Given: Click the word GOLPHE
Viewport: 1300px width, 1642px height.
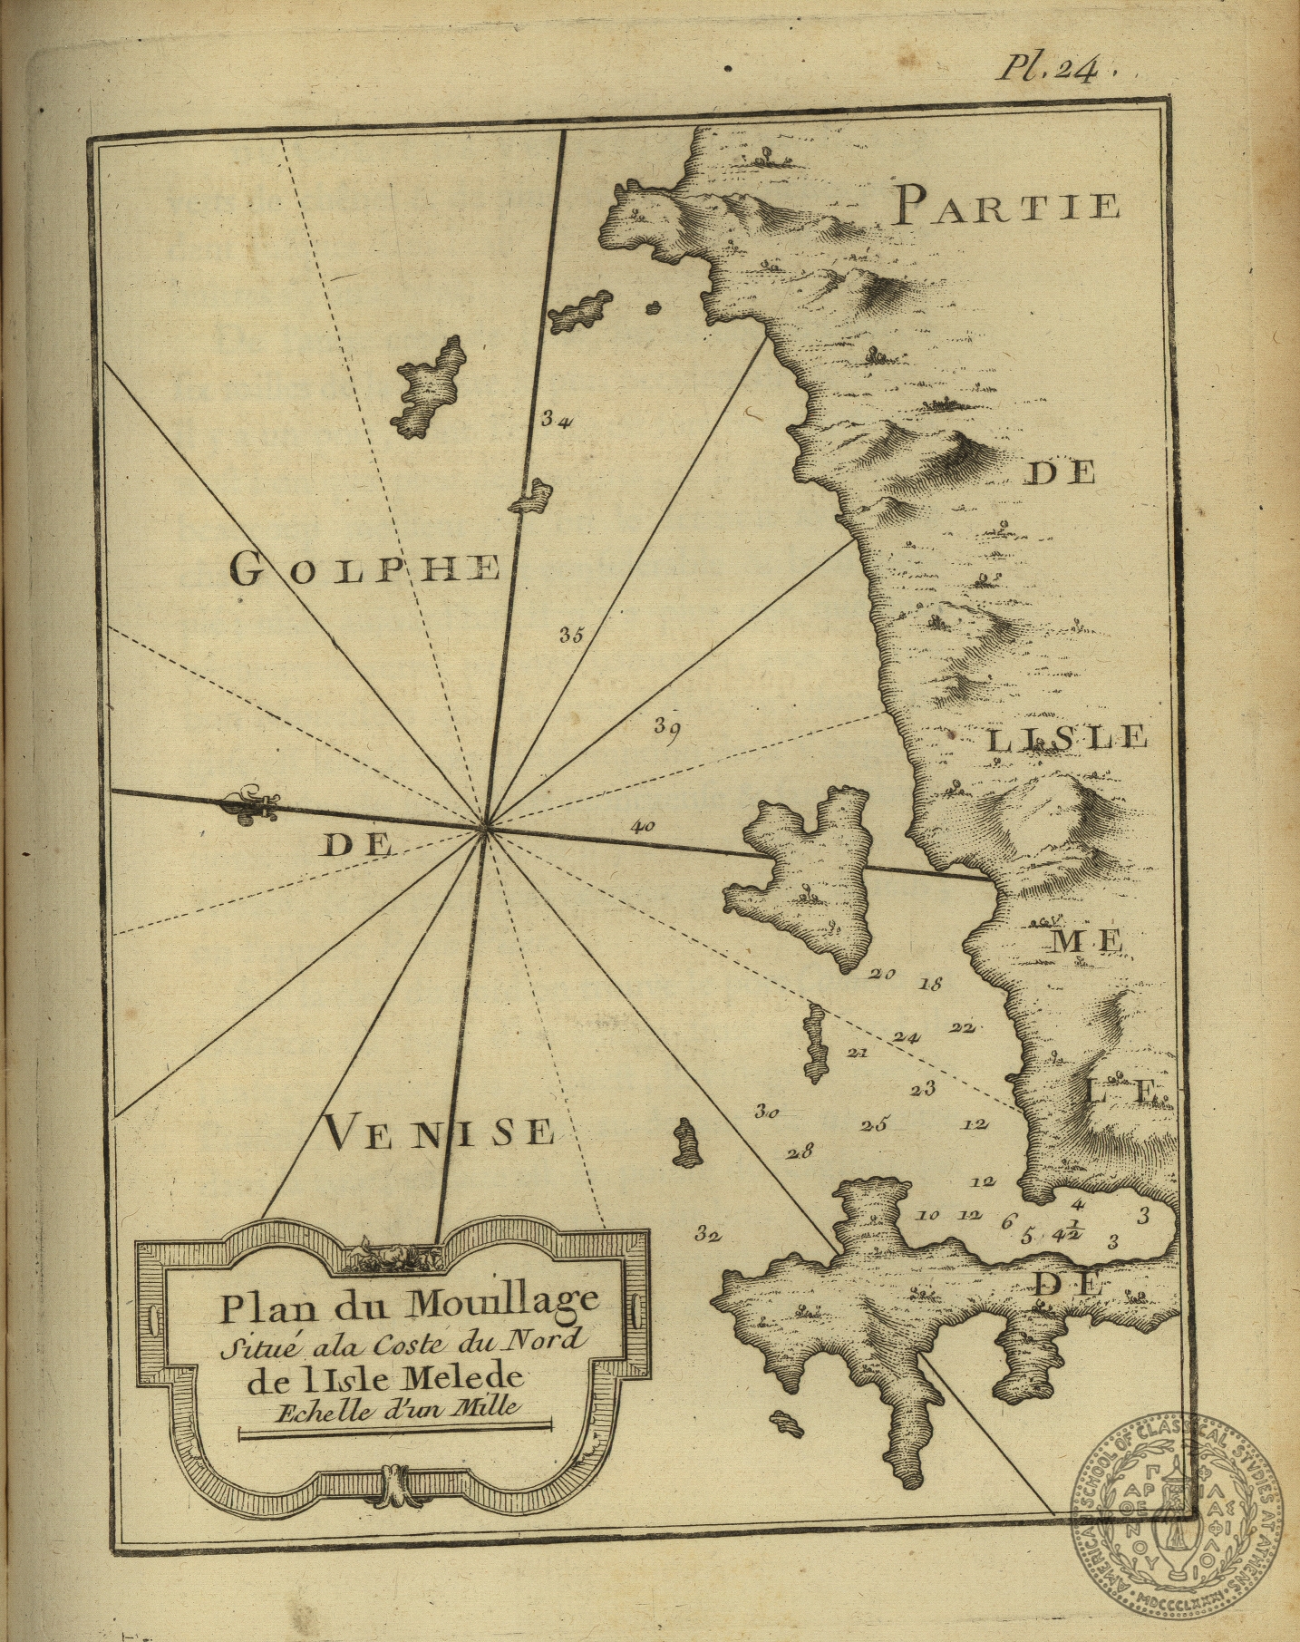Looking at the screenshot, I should tap(364, 568).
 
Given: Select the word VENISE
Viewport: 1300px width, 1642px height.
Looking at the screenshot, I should tap(436, 1132).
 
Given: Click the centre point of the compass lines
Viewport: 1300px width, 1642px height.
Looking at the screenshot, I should tap(486, 826).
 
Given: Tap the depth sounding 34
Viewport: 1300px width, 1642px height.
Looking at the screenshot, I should tap(555, 420).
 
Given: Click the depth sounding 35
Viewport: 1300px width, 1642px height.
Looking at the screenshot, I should tap(570, 635).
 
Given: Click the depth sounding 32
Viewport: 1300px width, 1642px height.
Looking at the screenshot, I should tap(707, 1233).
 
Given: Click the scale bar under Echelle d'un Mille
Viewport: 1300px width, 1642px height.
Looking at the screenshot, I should tap(393, 1430).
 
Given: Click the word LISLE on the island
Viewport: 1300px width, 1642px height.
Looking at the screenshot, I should tap(1066, 739).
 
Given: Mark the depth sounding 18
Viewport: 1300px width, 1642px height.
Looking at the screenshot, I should tap(931, 983).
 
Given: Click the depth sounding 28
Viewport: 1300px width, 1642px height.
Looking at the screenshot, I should tap(800, 1153).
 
